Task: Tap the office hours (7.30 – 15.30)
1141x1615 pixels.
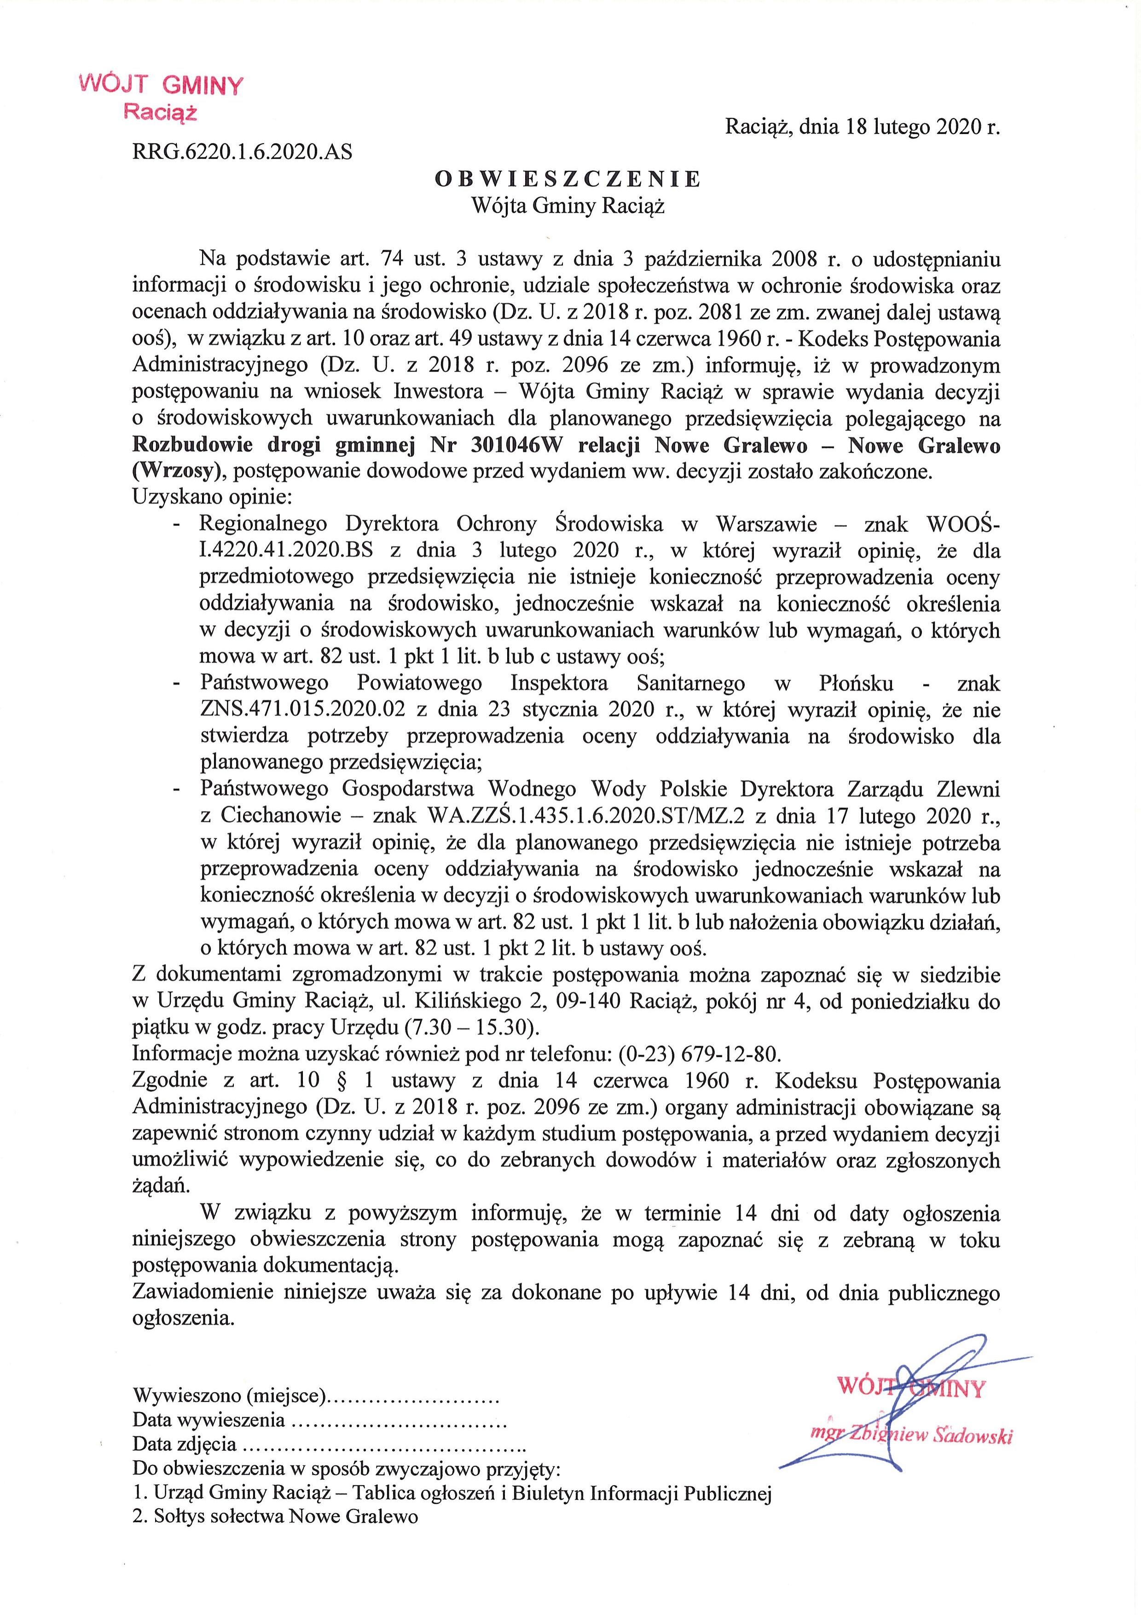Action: click(472, 1028)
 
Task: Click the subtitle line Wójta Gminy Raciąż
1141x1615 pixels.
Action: click(568, 206)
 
